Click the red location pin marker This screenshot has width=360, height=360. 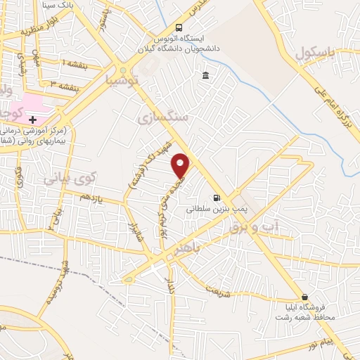181,165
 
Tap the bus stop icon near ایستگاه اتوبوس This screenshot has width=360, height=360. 177,29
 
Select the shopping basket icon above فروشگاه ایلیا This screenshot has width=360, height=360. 304,297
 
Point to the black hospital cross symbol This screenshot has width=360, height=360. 32,120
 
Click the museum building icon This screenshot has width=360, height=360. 205,76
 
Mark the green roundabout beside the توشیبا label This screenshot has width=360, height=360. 124,70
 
